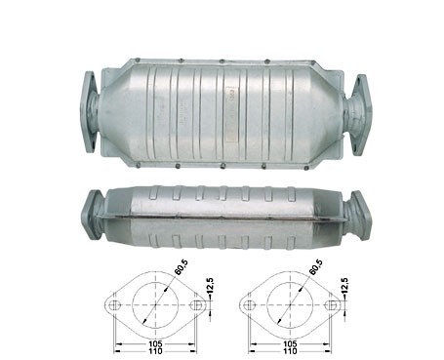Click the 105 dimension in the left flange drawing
(156, 344)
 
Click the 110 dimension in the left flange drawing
(156, 351)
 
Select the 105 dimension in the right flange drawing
(290, 344)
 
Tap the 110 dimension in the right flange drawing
(290, 351)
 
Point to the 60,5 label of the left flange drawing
(182, 267)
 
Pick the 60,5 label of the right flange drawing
(315, 267)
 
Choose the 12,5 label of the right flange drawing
(344, 286)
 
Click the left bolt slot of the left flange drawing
(114, 305)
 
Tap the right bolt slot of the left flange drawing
(197, 305)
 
